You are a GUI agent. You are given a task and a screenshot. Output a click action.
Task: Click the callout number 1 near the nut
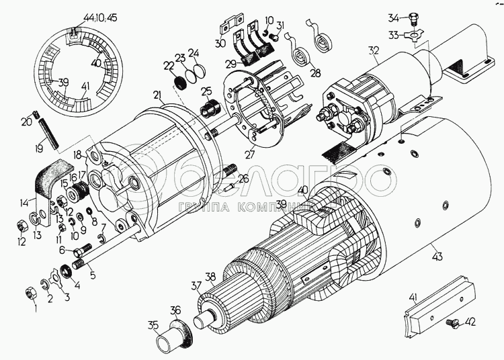click(34, 309)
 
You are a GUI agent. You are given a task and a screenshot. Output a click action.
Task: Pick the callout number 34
click(392, 17)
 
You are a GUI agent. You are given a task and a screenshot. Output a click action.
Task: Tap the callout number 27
click(250, 154)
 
